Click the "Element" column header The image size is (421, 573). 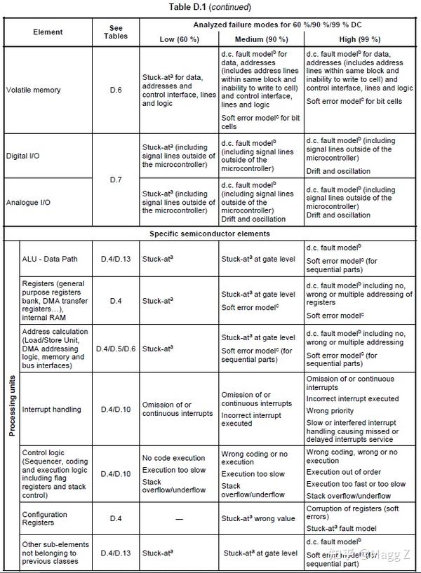48,32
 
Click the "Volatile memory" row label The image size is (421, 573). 33,90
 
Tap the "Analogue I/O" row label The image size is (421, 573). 27,202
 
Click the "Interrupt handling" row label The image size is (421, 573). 51,410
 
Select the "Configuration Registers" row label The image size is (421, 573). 45,519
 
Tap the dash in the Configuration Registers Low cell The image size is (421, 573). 179,519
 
